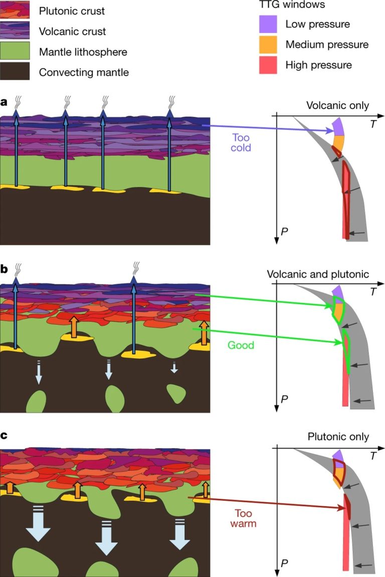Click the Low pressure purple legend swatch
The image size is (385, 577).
click(268, 24)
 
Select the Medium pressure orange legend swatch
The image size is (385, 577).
click(268, 45)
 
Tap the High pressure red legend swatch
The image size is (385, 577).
click(268, 65)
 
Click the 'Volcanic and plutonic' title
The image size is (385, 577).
click(318, 274)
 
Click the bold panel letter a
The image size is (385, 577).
click(4, 103)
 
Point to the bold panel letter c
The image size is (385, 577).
click(4, 435)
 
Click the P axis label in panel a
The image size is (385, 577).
click(284, 232)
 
